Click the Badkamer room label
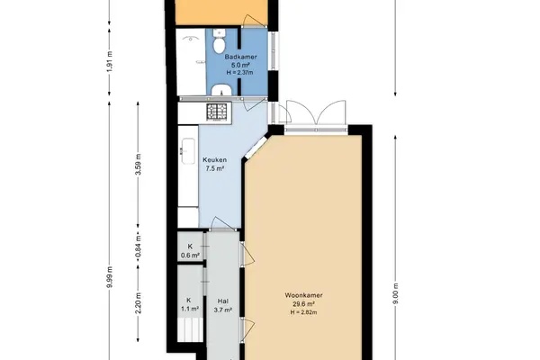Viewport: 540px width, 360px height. [240, 57]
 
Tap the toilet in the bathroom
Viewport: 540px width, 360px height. [219, 41]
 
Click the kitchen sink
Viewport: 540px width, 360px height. [188, 150]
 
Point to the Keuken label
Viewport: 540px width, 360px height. [214, 160]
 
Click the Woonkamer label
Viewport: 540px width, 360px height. [303, 295]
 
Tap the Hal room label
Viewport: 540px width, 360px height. [223, 301]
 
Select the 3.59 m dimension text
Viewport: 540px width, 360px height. [138, 165]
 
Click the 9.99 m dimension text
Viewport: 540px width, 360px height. [110, 277]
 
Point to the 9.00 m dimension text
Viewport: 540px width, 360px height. [395, 294]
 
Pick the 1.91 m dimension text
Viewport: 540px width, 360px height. [110, 61]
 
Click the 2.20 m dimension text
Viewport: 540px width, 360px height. [138, 303]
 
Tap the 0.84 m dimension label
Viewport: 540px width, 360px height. [138, 246]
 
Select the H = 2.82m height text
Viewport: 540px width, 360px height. [303, 312]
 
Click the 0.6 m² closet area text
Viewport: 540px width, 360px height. [190, 256]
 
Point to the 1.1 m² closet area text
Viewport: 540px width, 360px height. [190, 309]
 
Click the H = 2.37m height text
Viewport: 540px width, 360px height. [239, 73]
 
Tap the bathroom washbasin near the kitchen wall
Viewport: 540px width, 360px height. [221, 90]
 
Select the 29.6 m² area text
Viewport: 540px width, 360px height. [303, 304]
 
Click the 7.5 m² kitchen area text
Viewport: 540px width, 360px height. [215, 169]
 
